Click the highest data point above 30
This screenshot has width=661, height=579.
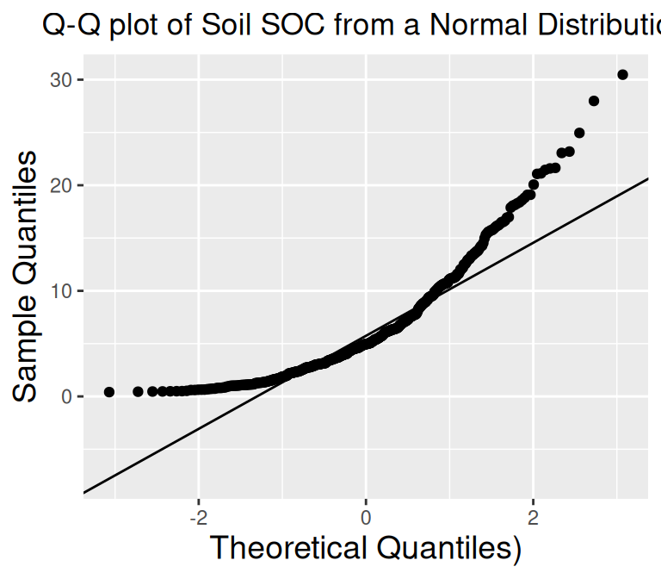pos(622,75)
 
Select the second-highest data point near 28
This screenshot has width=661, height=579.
pos(593,101)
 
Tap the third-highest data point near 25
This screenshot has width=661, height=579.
pos(579,133)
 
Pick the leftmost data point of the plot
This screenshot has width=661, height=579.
pos(109,392)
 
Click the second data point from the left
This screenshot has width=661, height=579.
pos(138,391)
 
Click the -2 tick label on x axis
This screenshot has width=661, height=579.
pos(197,519)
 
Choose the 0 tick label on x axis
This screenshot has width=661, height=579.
pos(366,519)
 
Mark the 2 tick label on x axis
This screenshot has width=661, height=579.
pos(533,519)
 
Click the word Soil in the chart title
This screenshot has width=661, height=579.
pos(218,27)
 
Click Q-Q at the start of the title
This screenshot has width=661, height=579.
pos(69,27)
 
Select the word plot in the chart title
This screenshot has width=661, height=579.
pos(131,27)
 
